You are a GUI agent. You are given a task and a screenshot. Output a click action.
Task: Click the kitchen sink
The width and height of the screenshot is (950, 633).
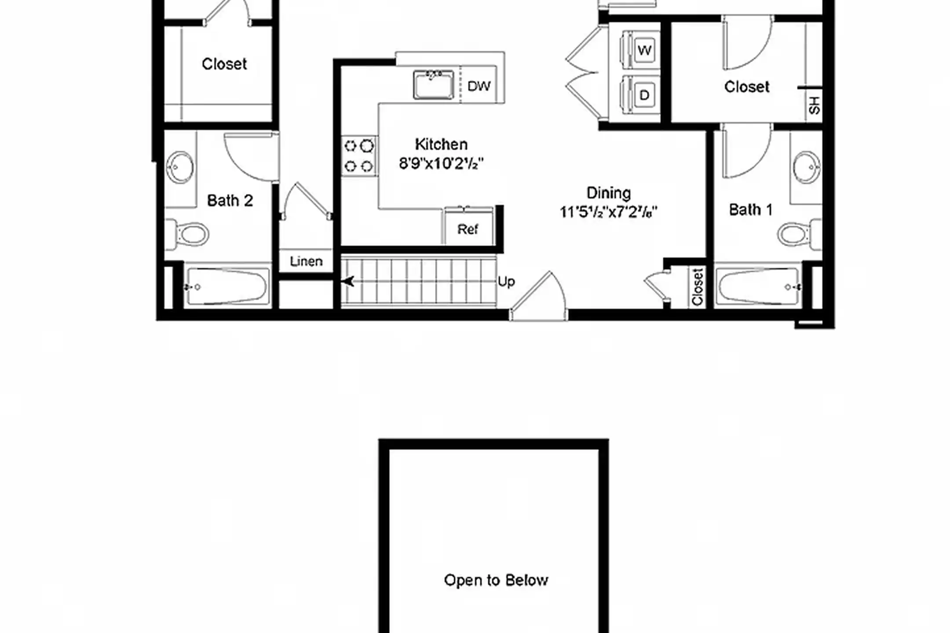(x=433, y=84)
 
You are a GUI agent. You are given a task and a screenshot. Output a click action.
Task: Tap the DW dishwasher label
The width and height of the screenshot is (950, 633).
(x=479, y=86)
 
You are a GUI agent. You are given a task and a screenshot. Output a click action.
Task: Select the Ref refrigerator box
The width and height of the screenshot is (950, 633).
(x=468, y=226)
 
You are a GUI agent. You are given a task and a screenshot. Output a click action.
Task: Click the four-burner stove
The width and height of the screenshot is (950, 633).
(x=359, y=156)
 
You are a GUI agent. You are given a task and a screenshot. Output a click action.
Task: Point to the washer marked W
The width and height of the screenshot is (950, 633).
(x=640, y=49)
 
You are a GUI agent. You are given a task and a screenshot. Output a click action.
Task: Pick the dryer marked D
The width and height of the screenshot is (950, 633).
(x=640, y=95)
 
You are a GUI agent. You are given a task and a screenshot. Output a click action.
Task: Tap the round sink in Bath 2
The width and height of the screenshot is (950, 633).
(x=180, y=167)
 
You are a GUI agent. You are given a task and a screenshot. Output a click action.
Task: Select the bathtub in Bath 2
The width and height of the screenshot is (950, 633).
(x=227, y=287)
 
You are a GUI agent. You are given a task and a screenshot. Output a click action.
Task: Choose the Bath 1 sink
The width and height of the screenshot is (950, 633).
(x=807, y=167)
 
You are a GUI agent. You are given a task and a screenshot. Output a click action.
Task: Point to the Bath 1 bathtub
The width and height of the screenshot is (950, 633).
(x=757, y=287)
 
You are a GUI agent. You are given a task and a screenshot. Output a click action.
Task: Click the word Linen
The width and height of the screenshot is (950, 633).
(x=306, y=262)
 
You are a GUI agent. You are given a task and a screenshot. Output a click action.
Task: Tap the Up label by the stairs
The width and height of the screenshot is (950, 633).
(x=506, y=282)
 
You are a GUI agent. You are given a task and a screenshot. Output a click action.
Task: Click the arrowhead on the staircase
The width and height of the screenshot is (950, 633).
(x=348, y=281)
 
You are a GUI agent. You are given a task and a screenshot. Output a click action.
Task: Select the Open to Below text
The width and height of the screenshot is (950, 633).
(x=496, y=580)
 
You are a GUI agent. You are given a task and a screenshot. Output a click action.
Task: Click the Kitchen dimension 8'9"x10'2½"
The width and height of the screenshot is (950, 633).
(x=441, y=164)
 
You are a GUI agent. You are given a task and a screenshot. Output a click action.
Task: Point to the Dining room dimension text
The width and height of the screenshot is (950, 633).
(x=609, y=212)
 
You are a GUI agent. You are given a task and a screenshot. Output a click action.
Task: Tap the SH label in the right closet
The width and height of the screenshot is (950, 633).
(x=814, y=105)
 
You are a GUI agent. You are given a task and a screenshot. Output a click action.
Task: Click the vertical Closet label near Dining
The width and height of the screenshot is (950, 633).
(x=698, y=287)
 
